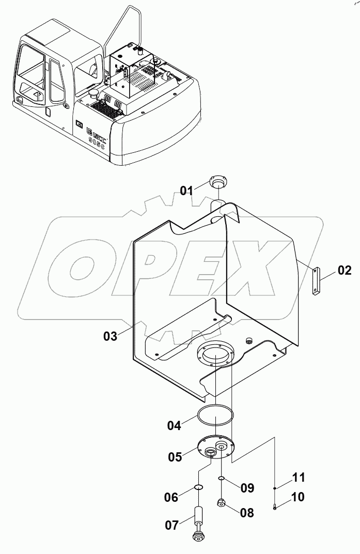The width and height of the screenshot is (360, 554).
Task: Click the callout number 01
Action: [x=186, y=190]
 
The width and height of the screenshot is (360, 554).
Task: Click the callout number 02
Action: [x=345, y=270]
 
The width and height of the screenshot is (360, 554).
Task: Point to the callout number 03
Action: [x=111, y=336]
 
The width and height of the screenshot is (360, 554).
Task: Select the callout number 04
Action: [x=174, y=426]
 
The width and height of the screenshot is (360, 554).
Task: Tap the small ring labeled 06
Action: [x=198, y=486]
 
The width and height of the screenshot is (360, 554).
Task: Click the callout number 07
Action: [x=173, y=525]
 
